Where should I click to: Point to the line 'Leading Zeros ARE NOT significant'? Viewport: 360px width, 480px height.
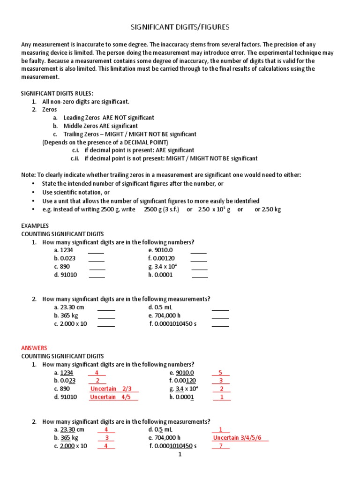[108, 118]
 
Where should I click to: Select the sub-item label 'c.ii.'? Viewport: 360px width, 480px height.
[76, 158]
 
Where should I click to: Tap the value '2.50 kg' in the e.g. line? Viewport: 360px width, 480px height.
[270, 210]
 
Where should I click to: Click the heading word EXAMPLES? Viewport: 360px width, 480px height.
[35, 225]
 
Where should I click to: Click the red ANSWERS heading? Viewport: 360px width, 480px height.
[34, 348]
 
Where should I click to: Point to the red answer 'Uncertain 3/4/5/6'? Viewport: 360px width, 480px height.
[240, 438]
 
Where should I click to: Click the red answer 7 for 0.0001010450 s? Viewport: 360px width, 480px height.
[221, 446]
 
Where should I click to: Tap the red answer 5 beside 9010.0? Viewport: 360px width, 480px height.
[220, 373]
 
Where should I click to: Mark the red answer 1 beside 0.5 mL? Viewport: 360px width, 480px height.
[221, 429]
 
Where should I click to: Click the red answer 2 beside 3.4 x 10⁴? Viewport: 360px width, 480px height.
[221, 389]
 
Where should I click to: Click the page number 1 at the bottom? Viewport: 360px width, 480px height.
[180, 454]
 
